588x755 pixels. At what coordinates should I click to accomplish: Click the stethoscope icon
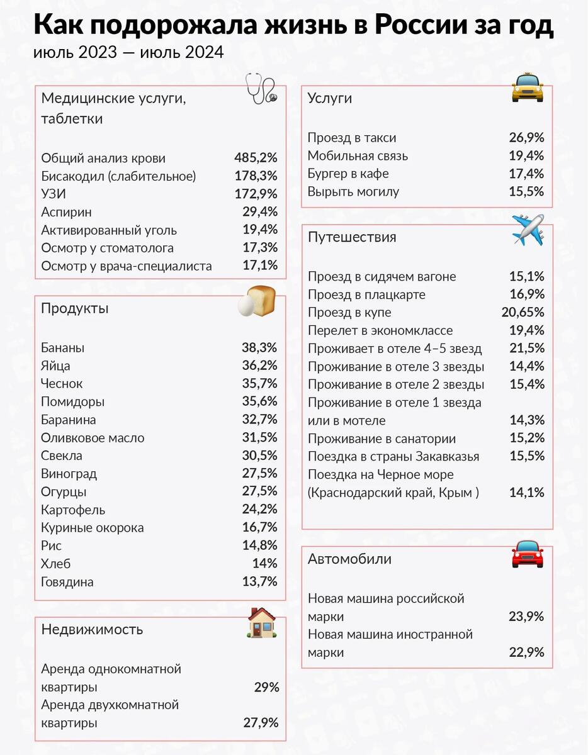tap(261, 89)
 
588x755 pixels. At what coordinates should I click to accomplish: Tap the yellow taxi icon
tap(527, 87)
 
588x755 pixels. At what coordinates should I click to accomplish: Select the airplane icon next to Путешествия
tap(528, 230)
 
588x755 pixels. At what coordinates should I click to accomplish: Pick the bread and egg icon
tap(256, 301)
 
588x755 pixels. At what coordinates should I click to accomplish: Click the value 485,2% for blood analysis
tap(256, 158)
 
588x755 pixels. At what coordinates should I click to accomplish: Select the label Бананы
tap(62, 348)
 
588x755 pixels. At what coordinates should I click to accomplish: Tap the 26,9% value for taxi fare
tap(526, 138)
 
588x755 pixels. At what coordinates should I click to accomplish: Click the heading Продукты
tap(75, 308)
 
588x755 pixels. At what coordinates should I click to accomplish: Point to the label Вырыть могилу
tap(353, 192)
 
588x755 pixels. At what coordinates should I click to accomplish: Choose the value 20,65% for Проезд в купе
tap(523, 312)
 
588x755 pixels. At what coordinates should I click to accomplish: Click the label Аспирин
tap(66, 212)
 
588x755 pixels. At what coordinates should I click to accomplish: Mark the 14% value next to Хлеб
tap(265, 563)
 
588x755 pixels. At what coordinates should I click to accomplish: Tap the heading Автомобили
tap(349, 559)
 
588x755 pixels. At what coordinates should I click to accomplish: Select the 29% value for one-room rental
tap(266, 687)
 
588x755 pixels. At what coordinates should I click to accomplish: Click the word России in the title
tap(421, 25)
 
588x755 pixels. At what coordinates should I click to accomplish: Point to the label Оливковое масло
tap(93, 438)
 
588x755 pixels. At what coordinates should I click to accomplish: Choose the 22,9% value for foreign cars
tap(526, 652)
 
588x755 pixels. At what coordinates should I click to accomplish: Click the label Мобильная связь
tap(358, 156)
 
